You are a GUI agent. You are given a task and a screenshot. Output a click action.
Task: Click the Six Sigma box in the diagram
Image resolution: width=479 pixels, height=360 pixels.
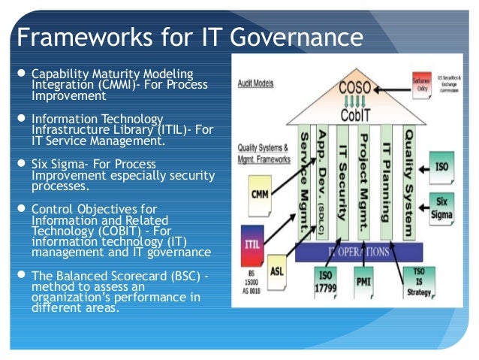(441, 207)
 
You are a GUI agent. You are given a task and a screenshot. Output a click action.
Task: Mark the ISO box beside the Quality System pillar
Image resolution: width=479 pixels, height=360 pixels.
(441, 164)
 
